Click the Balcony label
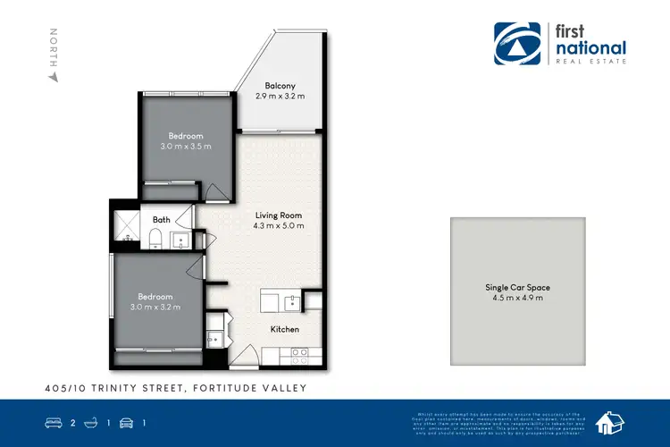[x=281, y=86]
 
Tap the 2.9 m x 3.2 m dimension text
[x=281, y=97]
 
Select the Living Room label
[x=278, y=215]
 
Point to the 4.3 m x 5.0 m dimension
[x=278, y=226]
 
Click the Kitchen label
[x=285, y=329]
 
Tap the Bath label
[x=162, y=219]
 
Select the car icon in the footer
[x=125, y=423]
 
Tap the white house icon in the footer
[x=610, y=423]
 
